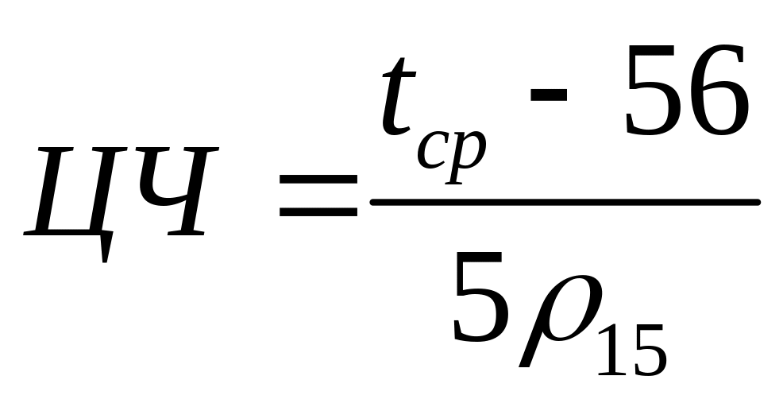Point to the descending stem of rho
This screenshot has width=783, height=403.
coord(527,350)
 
